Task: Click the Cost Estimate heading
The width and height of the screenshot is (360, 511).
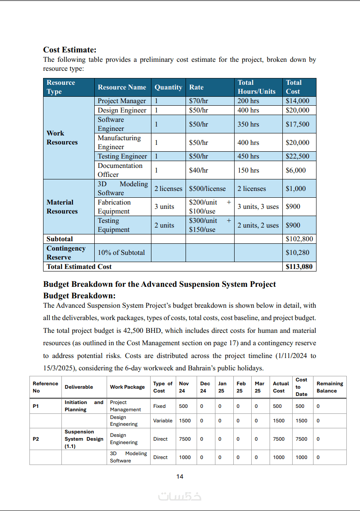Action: pos(70,50)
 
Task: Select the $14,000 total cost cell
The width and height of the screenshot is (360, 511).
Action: pos(297,101)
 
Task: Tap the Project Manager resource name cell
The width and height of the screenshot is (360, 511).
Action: pos(122,101)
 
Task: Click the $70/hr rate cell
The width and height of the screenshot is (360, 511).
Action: pos(198,101)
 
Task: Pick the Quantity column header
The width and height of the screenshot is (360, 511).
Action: pos(168,87)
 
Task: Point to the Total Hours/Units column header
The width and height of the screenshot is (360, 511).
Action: pos(256,87)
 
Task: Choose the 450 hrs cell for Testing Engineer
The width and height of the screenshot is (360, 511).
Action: pos(248,156)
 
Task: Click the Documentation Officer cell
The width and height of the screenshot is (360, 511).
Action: pos(120,170)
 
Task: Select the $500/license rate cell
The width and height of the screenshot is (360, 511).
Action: pos(207,188)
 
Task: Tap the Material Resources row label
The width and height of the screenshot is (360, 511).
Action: pos(62,207)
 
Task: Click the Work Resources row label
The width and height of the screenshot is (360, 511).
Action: pos(62,138)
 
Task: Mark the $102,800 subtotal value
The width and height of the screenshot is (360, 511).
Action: pos(299,239)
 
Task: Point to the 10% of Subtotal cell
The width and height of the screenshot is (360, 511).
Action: pos(121,253)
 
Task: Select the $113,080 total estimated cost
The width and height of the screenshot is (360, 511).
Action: pos(299,267)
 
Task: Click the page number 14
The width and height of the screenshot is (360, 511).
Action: pos(180,476)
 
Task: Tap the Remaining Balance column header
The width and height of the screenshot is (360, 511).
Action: pos(329,387)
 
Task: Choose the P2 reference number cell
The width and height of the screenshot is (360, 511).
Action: pos(36,439)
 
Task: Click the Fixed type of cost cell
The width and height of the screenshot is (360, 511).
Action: pos(160,406)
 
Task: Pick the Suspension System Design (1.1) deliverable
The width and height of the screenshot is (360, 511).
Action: pos(84,439)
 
